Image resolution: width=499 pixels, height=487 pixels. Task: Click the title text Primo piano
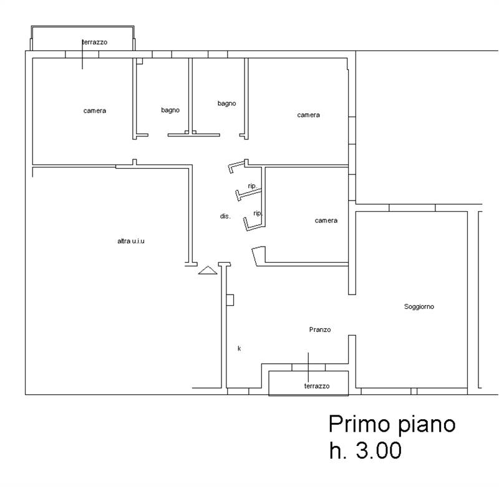[392, 425]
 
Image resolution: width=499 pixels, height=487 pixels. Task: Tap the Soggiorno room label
[419, 307]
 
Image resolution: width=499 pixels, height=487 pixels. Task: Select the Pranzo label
[319, 329]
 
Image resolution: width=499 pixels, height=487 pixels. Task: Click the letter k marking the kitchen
[239, 348]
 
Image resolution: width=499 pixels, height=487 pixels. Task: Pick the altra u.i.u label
[131, 241]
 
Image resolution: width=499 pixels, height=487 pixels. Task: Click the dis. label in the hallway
[225, 216]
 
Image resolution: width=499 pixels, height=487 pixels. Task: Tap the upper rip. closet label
[253, 186]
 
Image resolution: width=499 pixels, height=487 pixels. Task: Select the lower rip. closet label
[257, 213]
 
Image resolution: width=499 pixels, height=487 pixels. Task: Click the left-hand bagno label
[170, 110]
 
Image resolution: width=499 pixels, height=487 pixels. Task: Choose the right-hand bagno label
[226, 103]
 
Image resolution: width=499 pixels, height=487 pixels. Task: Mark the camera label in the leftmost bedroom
[94, 111]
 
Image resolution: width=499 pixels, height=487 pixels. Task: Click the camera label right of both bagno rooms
[308, 115]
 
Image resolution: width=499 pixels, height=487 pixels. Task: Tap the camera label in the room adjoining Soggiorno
[326, 220]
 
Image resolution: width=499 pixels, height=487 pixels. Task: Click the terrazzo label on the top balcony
[94, 42]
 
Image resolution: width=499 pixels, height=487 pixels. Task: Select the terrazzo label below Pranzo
[316, 386]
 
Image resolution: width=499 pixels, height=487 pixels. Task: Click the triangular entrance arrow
[207, 270]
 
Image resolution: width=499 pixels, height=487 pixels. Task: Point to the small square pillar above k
[230, 300]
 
